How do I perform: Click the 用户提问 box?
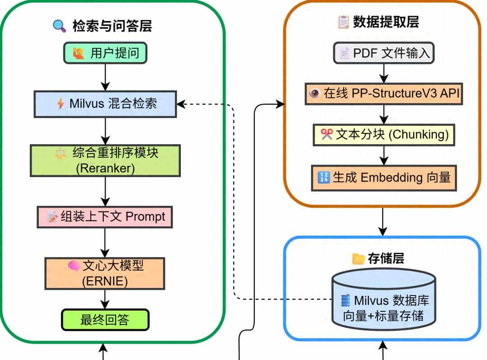(x=105, y=53)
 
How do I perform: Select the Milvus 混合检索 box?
(x=105, y=104)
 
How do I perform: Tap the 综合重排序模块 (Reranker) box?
(x=105, y=160)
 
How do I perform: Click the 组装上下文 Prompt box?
(x=105, y=217)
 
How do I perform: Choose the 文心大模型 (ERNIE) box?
(x=105, y=273)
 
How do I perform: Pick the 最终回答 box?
(x=105, y=319)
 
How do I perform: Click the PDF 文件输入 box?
(x=384, y=53)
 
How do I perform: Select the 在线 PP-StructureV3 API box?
(x=384, y=93)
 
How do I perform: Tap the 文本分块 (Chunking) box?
(x=384, y=135)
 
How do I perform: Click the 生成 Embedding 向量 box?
(x=384, y=177)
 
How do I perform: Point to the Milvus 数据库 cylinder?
(x=383, y=299)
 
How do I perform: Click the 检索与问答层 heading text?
(x=112, y=26)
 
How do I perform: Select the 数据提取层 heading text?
(x=386, y=22)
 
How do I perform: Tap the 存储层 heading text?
(x=386, y=259)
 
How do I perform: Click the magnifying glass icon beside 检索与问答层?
(x=60, y=26)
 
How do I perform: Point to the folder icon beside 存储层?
(x=358, y=259)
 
